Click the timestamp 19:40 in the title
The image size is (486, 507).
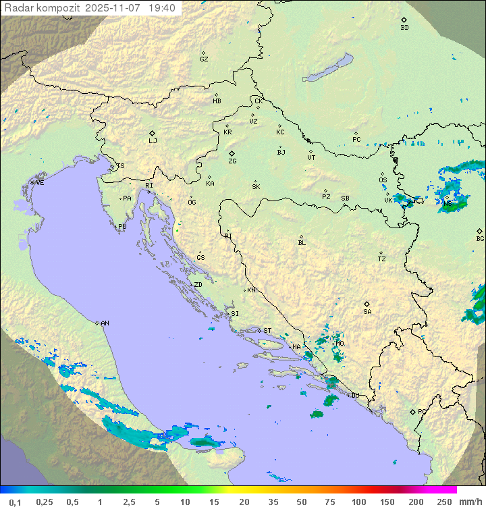point(161,8)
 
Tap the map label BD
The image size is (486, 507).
point(404,28)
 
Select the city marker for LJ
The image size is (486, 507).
point(153,133)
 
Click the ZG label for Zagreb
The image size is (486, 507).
point(232,161)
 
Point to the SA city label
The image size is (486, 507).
point(367,312)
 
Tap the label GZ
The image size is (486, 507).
point(204,59)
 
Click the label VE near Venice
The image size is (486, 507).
point(40,183)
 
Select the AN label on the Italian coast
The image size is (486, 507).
point(105,323)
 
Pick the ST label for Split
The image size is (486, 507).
point(267,331)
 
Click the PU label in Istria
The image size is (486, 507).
point(122,227)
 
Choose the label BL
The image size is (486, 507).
point(302,243)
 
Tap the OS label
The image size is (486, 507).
point(383,180)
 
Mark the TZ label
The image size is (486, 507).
point(382,259)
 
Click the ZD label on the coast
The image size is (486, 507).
point(198,285)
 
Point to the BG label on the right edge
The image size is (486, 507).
point(480,239)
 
